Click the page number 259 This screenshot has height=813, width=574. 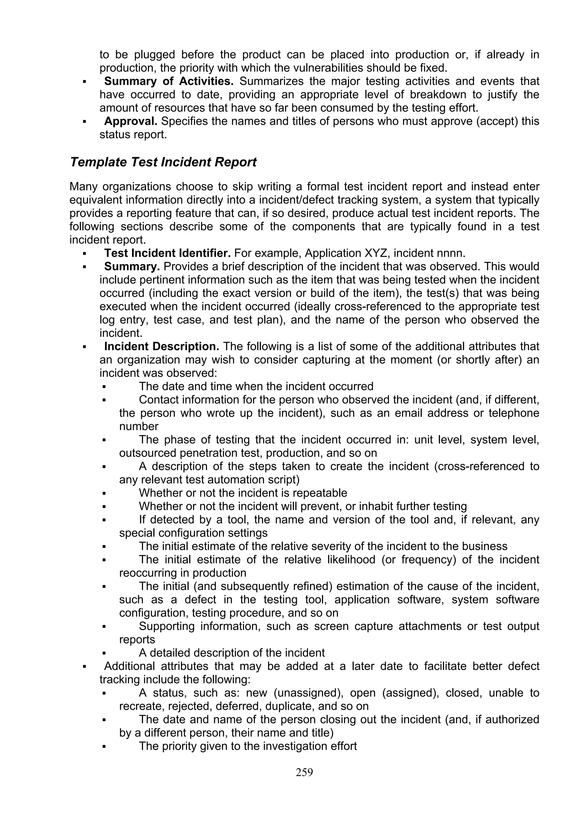(x=304, y=772)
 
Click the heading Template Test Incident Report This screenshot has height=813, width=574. (x=163, y=162)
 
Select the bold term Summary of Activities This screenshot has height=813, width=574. (x=169, y=81)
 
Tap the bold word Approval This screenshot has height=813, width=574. (x=131, y=121)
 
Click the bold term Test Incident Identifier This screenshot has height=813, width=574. (x=167, y=254)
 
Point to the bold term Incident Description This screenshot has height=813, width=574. (x=162, y=347)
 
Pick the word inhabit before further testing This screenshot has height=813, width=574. (x=366, y=506)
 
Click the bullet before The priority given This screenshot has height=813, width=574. (x=104, y=747)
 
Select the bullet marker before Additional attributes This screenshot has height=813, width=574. (x=85, y=667)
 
